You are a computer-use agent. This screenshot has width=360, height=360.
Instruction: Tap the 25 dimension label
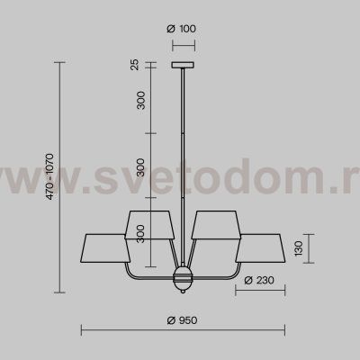[136, 65]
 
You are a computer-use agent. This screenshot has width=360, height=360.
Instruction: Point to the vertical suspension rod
[182, 153]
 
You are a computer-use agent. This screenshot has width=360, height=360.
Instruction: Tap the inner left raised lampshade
[150, 225]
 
